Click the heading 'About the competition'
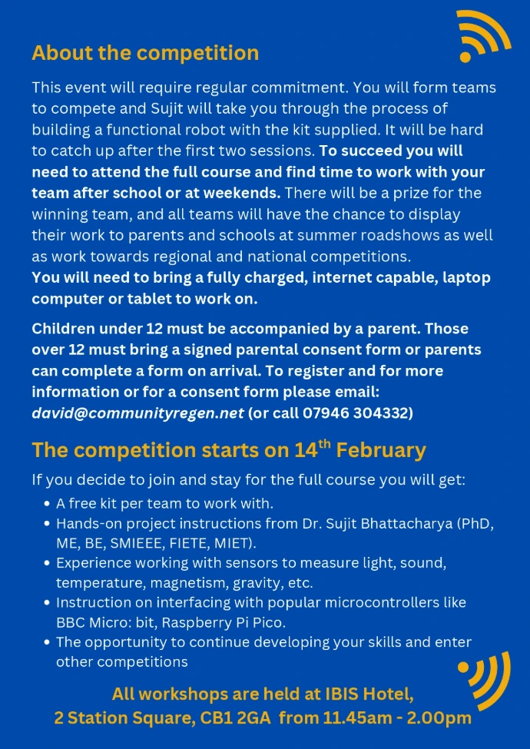tap(145, 53)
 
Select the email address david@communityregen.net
tap(137, 413)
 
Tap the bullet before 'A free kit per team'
tap(48, 505)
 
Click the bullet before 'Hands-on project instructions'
tap(48, 525)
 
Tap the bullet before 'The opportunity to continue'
tap(48, 642)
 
